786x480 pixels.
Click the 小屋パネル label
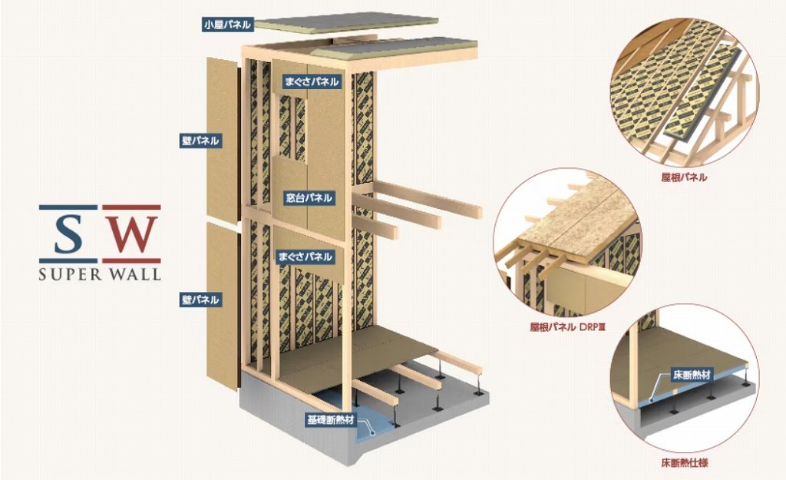point(226,24)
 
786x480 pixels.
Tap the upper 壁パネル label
point(200,141)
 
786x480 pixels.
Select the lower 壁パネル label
point(200,299)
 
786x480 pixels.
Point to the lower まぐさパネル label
point(306,256)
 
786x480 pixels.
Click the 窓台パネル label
point(309,197)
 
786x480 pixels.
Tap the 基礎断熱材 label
point(331,419)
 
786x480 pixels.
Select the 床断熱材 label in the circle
point(693,376)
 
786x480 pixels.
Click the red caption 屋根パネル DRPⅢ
point(567,326)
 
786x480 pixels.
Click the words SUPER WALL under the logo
point(100,273)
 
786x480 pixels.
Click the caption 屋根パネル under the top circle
point(684,177)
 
